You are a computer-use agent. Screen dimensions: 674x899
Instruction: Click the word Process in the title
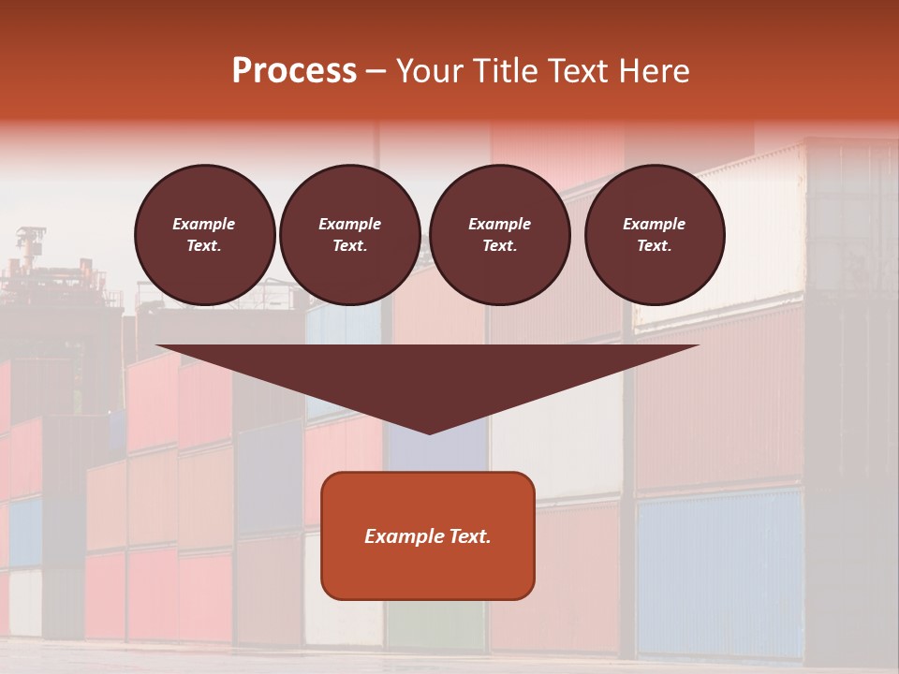pos(294,71)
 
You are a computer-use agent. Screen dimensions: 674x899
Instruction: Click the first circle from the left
pos(204,235)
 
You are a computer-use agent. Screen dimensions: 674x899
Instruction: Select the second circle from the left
pos(350,235)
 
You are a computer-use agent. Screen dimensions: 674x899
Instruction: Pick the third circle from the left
pos(499,235)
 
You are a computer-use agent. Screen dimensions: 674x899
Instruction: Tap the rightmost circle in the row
pos(655,235)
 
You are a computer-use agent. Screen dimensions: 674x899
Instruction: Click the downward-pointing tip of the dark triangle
pos(429,432)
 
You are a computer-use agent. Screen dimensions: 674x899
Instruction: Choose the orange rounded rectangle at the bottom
pos(428,535)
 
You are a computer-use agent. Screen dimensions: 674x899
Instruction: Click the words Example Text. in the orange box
pos(428,536)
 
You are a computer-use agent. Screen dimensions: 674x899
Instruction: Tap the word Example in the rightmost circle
pos(655,224)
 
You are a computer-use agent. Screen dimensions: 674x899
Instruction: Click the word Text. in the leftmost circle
pos(204,246)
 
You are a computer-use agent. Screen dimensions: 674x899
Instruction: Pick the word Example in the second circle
pos(350,224)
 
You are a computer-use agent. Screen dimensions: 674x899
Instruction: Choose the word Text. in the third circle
pos(499,246)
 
